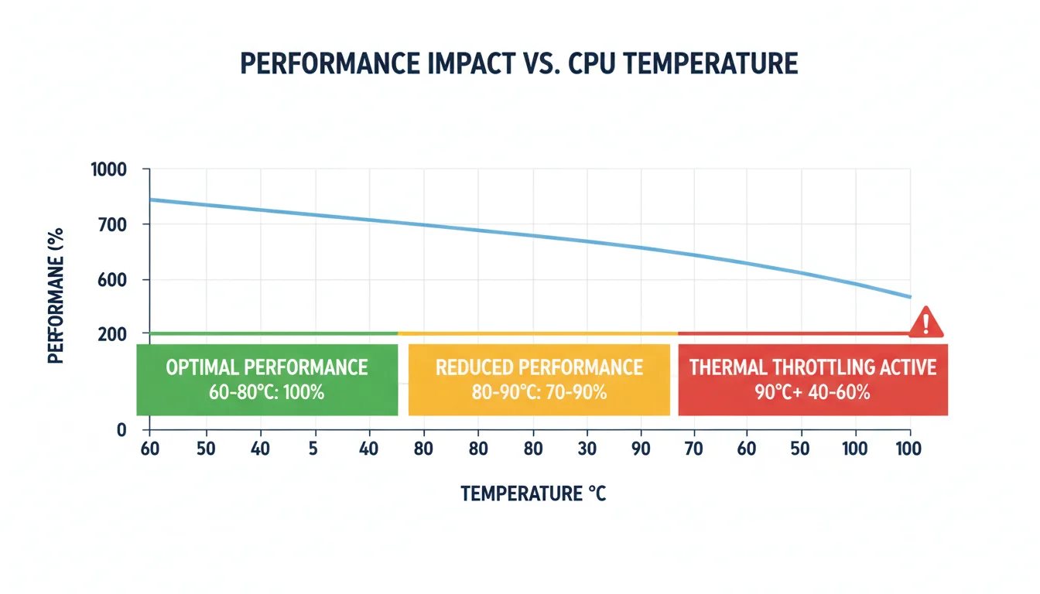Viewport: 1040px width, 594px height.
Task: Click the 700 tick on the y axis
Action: pyautogui.click(x=112, y=225)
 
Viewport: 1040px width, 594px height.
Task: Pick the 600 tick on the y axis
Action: pyautogui.click(x=112, y=280)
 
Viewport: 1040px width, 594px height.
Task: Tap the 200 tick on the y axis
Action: pyautogui.click(x=112, y=334)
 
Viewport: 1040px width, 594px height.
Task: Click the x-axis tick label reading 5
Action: pyautogui.click(x=313, y=449)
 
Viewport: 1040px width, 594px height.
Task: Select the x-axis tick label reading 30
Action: pyautogui.click(x=586, y=449)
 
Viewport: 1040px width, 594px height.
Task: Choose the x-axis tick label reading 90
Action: pyautogui.click(x=641, y=449)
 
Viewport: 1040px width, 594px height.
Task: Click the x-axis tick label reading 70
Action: pyautogui.click(x=693, y=449)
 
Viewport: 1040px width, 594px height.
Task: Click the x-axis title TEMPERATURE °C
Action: pyautogui.click(x=533, y=493)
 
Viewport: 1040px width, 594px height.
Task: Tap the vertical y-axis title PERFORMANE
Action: pyautogui.click(x=56, y=294)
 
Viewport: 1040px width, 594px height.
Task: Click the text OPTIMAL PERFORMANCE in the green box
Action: pyautogui.click(x=266, y=367)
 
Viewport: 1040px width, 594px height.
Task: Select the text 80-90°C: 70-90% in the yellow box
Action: pyautogui.click(x=539, y=392)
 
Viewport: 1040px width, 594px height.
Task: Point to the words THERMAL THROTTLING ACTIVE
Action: pyautogui.click(x=812, y=367)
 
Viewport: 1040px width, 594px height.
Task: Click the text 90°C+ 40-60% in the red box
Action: pyautogui.click(x=812, y=392)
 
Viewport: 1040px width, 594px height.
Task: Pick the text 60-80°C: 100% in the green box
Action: pyautogui.click(x=266, y=392)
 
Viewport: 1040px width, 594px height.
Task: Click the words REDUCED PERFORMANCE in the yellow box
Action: pyautogui.click(x=539, y=367)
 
